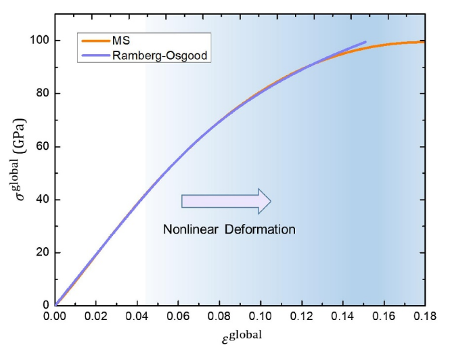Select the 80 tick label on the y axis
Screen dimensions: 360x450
[41, 93]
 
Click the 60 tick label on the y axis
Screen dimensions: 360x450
[41, 147]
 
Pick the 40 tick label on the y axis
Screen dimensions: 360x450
[41, 200]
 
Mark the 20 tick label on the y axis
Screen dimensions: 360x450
[41, 252]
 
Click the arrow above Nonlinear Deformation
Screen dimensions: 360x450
[226, 200]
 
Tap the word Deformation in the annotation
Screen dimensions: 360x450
[261, 229]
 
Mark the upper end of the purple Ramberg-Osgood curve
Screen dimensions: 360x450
[365, 42]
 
